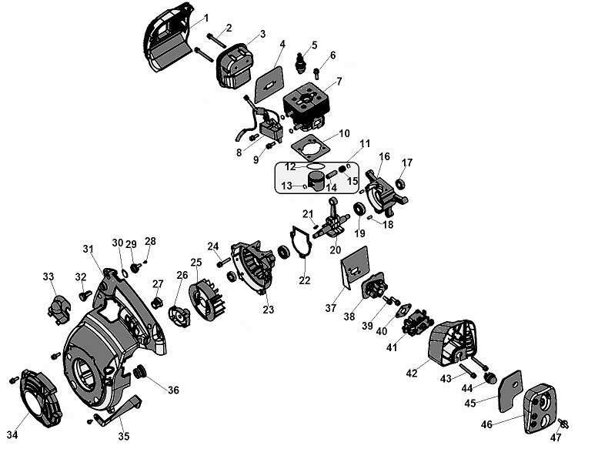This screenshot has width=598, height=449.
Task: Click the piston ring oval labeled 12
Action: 314,166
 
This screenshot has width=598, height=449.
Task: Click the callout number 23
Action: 268,310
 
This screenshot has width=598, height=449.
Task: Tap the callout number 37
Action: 330,308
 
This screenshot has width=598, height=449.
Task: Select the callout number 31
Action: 88,248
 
